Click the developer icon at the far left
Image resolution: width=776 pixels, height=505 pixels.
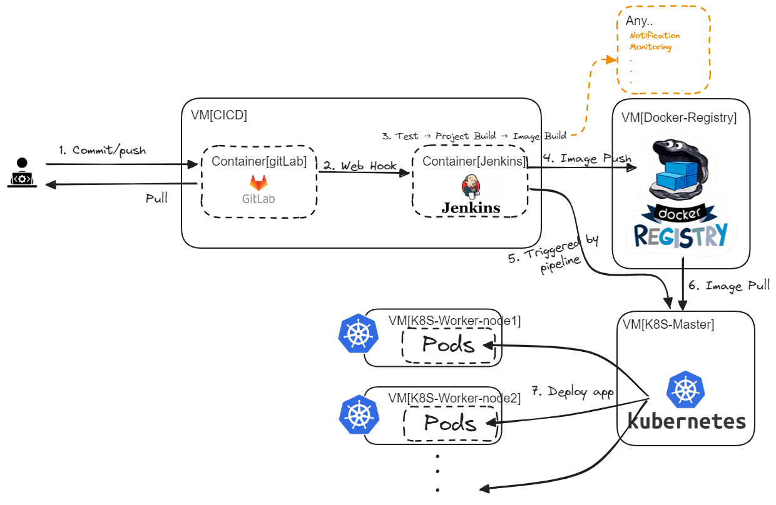coord(23,173)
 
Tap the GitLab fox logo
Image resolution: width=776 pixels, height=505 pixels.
coord(258,183)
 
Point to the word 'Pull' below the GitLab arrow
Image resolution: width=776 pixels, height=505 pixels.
coord(156,199)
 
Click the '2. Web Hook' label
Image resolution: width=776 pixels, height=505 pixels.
coord(360,166)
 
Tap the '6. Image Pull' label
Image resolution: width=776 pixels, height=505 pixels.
coord(728,286)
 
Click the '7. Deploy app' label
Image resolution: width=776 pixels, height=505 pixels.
coord(573,392)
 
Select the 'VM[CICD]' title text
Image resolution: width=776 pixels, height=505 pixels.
coord(219,115)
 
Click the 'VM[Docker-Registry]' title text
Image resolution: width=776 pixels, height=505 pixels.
coord(679,117)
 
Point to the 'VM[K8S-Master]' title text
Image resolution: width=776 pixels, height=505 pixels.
coord(668,324)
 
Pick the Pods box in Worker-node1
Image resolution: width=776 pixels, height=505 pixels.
coord(448,344)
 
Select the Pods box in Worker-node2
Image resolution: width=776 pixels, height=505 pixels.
coord(451,423)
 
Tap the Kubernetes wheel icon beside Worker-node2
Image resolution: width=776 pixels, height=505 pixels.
coord(359,413)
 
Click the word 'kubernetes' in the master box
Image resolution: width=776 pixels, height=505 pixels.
coord(686,421)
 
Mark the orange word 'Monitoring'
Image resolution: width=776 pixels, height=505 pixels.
coord(650,47)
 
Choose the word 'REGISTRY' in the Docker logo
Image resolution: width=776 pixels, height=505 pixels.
coord(680,235)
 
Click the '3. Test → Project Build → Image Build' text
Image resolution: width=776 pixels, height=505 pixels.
coord(474,136)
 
